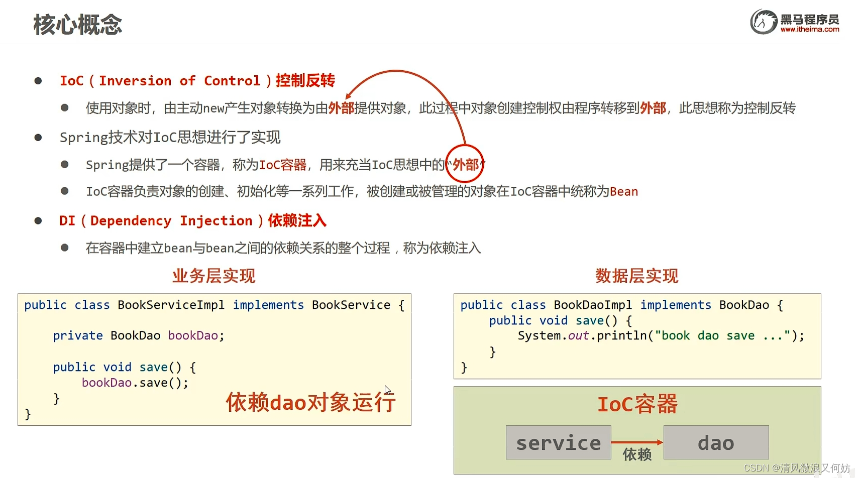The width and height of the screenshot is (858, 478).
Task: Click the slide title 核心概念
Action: (x=78, y=25)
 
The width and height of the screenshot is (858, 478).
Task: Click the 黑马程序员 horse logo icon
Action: (x=764, y=22)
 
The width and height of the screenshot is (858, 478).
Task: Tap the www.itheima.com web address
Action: (x=809, y=30)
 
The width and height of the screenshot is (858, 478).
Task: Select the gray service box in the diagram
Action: (x=558, y=442)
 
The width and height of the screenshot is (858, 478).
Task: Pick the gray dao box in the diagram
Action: (x=716, y=442)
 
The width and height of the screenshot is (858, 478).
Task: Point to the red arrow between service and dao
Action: (x=637, y=442)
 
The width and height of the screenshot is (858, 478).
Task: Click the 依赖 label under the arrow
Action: (x=637, y=455)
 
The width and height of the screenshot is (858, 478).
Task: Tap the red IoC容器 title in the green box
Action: (x=637, y=404)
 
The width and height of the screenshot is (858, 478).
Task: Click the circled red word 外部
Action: (x=465, y=165)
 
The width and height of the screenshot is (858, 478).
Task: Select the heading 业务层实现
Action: (x=214, y=276)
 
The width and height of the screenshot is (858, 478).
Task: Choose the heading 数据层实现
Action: (x=636, y=276)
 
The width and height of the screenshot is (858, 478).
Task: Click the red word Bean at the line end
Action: (x=623, y=192)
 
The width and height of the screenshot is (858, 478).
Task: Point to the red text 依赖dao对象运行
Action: (x=310, y=402)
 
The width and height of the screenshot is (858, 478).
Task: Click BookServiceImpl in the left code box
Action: (x=171, y=305)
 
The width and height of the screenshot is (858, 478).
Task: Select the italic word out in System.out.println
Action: (x=578, y=336)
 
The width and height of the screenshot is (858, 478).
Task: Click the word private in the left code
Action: (x=78, y=336)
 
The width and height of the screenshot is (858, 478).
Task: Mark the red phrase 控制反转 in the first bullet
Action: (x=305, y=80)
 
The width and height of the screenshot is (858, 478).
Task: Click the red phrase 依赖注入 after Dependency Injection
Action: (x=297, y=220)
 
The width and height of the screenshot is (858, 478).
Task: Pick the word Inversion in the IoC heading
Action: (x=135, y=81)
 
